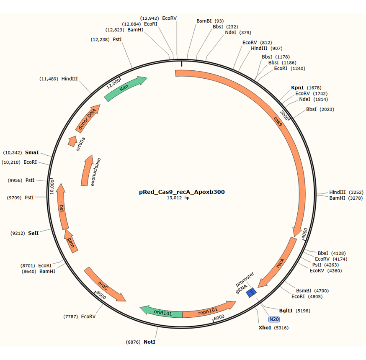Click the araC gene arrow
[x=105, y=284]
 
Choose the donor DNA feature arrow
[x=88, y=117]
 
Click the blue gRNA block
[x=251, y=292]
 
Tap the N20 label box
[x=274, y=319]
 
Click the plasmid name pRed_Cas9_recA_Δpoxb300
[x=182, y=192]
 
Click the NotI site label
[x=149, y=342]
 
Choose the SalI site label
[x=33, y=233]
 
